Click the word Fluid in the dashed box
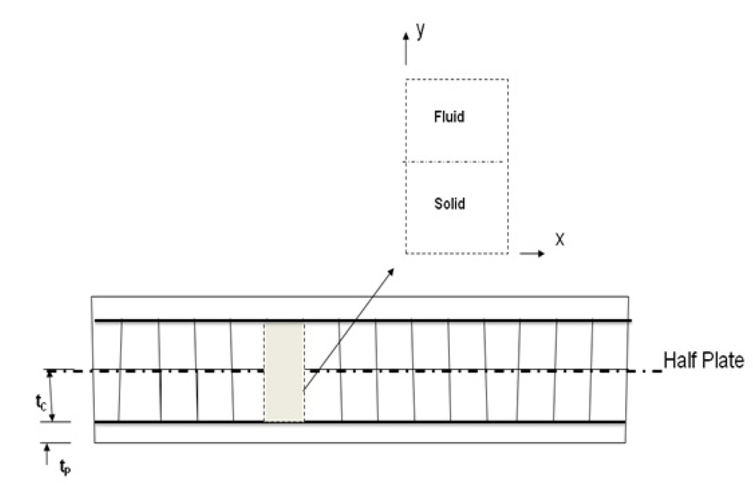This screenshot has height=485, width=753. (x=449, y=117)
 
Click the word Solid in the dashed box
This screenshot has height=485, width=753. (x=449, y=204)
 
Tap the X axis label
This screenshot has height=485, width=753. (x=559, y=240)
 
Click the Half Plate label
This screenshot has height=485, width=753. (x=704, y=360)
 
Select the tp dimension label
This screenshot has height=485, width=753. (x=63, y=465)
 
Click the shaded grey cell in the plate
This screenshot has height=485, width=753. (x=284, y=371)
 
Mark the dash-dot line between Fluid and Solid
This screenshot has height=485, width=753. (x=455, y=162)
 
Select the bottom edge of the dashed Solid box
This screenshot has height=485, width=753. (x=456, y=254)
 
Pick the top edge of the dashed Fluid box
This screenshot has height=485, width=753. (x=456, y=79)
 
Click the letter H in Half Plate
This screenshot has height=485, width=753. (x=668, y=360)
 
